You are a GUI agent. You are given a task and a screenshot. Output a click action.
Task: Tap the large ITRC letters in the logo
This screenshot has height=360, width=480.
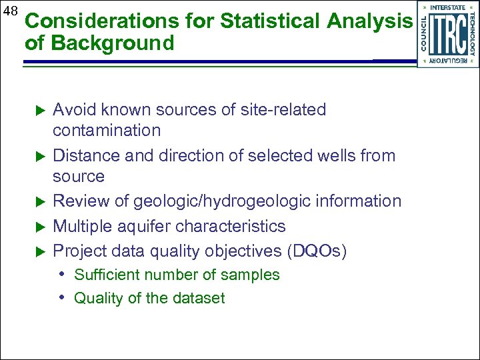point(447,34)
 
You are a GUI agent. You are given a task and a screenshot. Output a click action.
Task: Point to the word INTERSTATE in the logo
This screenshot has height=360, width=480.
point(447,7)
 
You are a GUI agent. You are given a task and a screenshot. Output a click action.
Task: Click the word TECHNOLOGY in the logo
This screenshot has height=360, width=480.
point(472,34)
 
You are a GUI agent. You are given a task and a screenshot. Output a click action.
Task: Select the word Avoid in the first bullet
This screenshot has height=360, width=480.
point(73,109)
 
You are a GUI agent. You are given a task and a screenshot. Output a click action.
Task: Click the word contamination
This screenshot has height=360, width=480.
point(107,130)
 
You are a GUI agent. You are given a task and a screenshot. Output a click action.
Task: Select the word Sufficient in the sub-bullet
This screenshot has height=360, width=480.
point(104,275)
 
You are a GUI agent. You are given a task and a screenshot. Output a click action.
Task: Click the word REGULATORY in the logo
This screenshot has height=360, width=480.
point(447,61)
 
